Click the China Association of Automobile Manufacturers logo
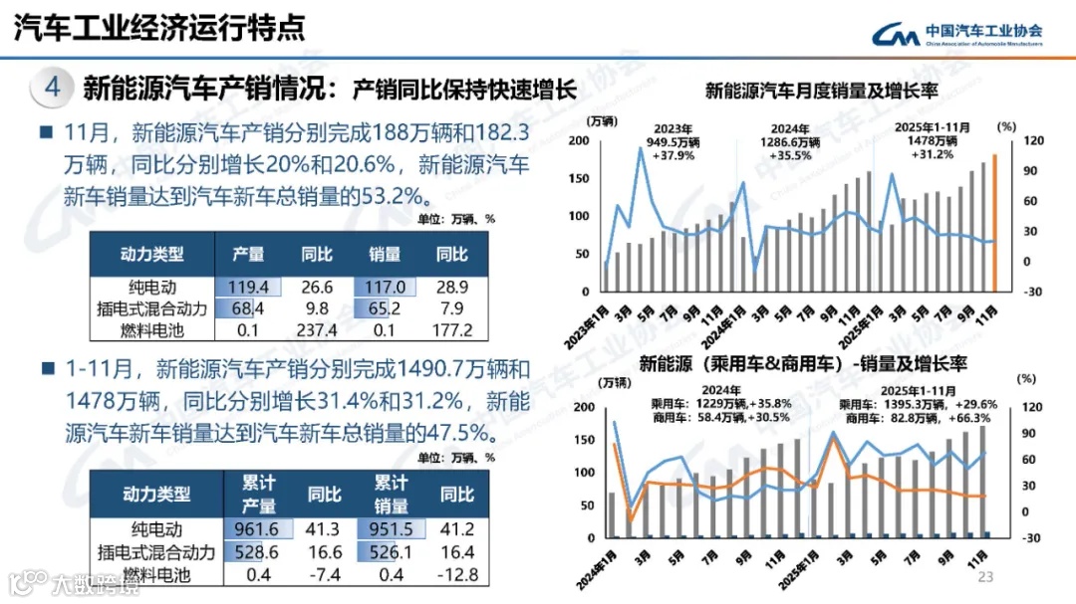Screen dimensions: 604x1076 pyautogui.click(x=956, y=34)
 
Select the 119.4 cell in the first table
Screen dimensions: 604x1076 pyautogui.click(x=249, y=287)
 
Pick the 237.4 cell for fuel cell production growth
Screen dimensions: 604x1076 pyautogui.click(x=317, y=330)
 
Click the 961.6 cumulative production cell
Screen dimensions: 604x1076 pyautogui.click(x=257, y=530)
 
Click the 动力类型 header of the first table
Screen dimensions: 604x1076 pyautogui.click(x=152, y=255)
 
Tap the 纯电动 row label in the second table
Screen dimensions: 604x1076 pyautogui.click(x=155, y=530)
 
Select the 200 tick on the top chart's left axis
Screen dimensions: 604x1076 pyautogui.click(x=578, y=140)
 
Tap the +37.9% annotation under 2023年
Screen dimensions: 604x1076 pyautogui.click(x=673, y=155)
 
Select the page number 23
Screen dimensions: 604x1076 pyautogui.click(x=987, y=577)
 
